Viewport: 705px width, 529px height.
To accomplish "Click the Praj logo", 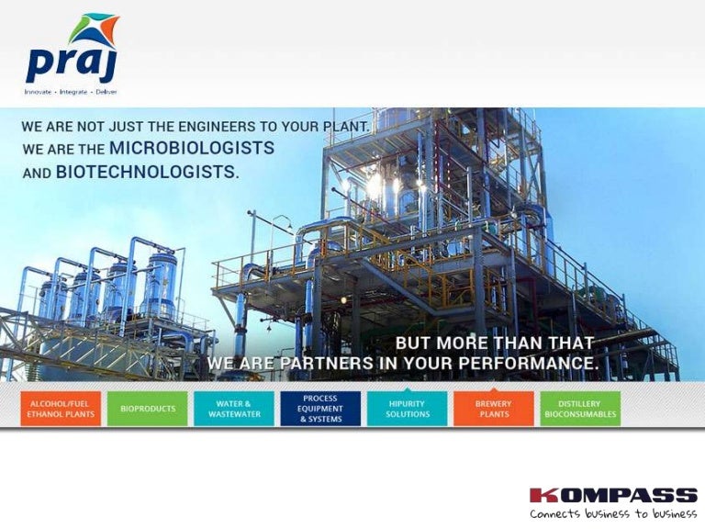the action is point(72,54).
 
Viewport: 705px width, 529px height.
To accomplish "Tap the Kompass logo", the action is point(613,502).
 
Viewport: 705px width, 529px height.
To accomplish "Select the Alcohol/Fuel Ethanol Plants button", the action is point(61,409).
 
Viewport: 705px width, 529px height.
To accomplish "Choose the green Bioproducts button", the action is point(148,409).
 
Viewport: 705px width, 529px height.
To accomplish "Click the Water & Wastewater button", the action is point(234,409).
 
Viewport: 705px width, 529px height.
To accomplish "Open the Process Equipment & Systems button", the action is point(320,409).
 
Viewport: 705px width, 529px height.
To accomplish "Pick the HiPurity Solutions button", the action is point(407,409).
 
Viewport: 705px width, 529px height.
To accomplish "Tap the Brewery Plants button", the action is point(494,409).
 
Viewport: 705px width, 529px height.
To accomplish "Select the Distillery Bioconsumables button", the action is point(580,409).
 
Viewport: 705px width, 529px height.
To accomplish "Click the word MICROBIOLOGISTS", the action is point(192,148).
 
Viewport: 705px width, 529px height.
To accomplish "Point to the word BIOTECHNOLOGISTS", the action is point(148,172).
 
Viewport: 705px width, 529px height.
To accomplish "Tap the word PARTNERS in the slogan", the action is point(327,363).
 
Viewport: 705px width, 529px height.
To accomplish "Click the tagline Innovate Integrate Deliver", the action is point(71,92).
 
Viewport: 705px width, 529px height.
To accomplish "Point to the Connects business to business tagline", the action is point(613,513).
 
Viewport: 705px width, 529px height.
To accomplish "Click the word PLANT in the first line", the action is point(347,127).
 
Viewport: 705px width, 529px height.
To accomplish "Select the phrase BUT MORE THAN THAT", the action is point(495,343).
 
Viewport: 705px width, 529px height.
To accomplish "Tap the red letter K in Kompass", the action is point(541,495).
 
